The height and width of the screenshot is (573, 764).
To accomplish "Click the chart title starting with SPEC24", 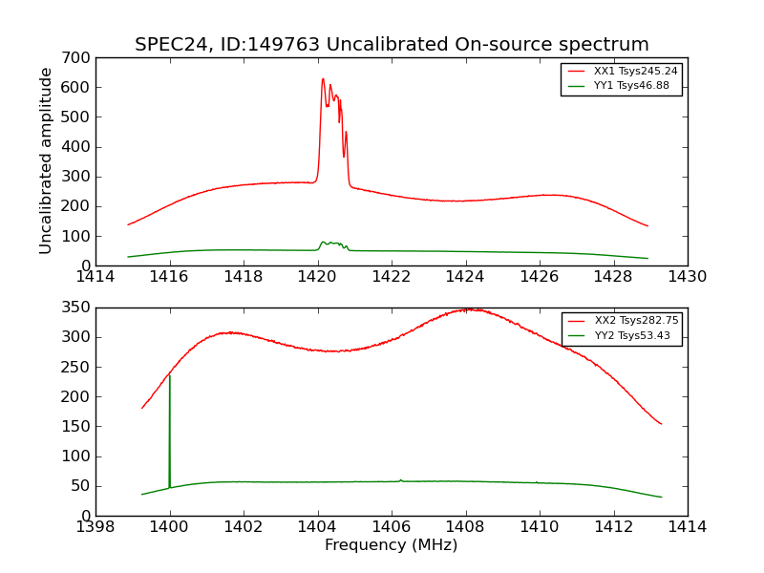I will point(392,45).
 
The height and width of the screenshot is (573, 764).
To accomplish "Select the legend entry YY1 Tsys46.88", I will point(631,85).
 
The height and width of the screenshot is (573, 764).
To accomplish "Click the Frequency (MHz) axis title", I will point(391,545).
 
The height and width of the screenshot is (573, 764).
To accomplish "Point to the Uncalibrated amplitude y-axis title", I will point(46,160).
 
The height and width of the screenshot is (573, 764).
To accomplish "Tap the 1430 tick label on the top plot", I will point(687,277).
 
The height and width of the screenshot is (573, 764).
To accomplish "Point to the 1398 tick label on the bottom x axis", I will point(95,527).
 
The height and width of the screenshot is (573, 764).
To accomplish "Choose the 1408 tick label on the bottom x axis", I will point(465,527).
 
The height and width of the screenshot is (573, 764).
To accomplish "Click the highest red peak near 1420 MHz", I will point(323,80).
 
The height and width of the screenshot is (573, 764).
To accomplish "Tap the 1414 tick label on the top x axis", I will point(95,277).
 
